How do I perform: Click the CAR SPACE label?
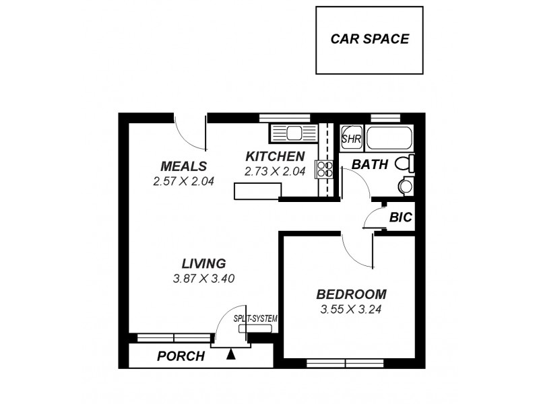pyautogui.click(x=369, y=39)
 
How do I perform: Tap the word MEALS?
pyautogui.click(x=183, y=166)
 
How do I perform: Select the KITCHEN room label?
pyautogui.click(x=274, y=157)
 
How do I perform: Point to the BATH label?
pyautogui.click(x=371, y=164)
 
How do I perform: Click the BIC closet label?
pyautogui.click(x=400, y=217)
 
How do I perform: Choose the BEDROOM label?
pyautogui.click(x=351, y=294)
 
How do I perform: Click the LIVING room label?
pyautogui.click(x=203, y=263)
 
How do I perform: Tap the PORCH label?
pyautogui.click(x=181, y=356)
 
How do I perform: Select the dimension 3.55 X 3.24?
pyautogui.click(x=352, y=310)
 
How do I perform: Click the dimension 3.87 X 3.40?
pyautogui.click(x=203, y=279)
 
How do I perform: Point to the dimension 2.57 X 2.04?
pyautogui.click(x=183, y=181)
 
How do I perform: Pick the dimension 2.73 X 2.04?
pyautogui.click(x=274, y=172)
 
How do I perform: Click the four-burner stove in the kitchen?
pyautogui.click(x=324, y=168)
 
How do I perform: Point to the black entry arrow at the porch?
pyautogui.click(x=232, y=354)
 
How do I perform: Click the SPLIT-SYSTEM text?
pyautogui.click(x=255, y=318)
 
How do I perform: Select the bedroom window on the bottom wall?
pyautogui.click(x=345, y=362)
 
